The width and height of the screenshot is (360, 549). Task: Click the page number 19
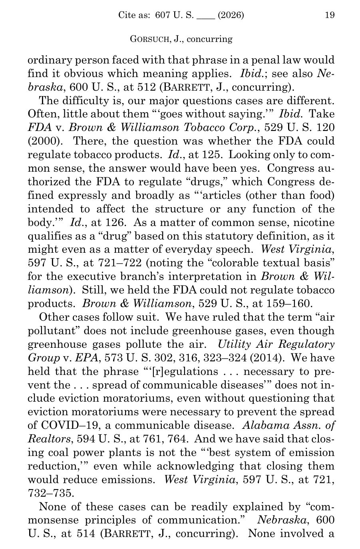pos(330,16)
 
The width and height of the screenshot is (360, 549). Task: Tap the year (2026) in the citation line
pos(231,16)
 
